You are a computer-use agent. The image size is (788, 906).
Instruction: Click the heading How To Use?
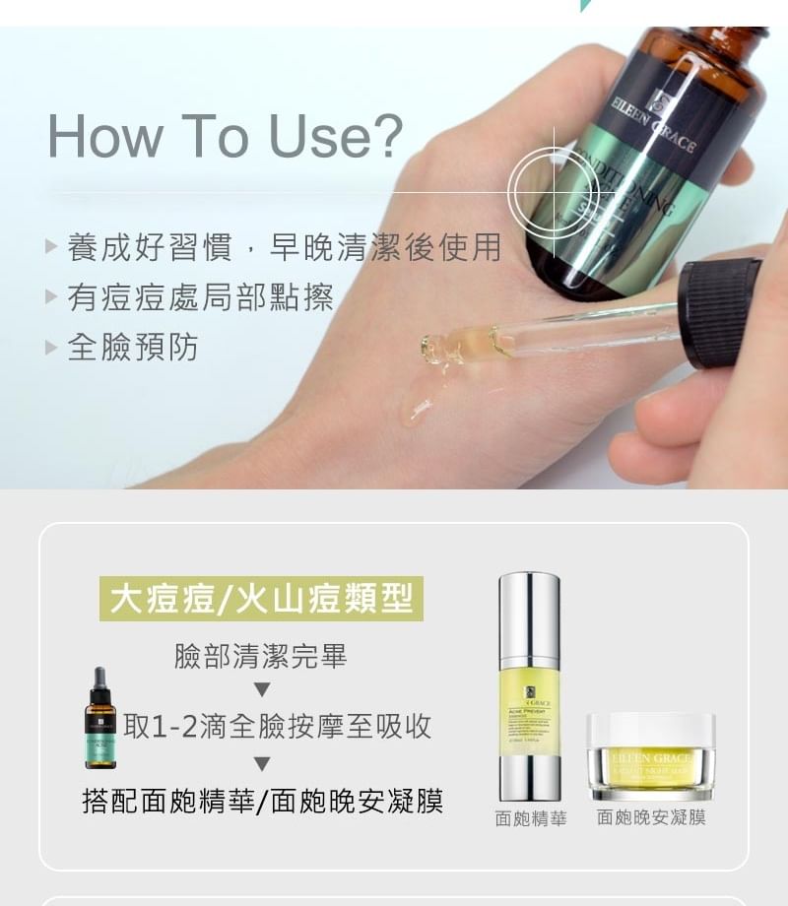(x=226, y=136)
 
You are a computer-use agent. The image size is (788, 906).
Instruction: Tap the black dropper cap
(x=720, y=312)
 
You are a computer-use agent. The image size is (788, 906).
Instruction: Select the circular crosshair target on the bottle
(x=554, y=193)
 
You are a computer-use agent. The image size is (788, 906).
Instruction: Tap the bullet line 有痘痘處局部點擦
(x=200, y=296)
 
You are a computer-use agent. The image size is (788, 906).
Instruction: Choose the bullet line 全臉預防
(x=133, y=347)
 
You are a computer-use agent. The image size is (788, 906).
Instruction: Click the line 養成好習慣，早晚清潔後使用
(x=284, y=246)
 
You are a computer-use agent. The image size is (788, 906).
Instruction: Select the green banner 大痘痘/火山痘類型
(x=261, y=599)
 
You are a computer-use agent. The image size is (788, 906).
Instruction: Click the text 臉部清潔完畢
(x=261, y=657)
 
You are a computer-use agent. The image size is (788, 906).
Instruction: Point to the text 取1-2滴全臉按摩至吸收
(x=278, y=727)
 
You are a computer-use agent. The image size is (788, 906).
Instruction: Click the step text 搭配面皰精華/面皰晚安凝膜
(x=262, y=801)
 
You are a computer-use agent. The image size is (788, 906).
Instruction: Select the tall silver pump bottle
(x=529, y=685)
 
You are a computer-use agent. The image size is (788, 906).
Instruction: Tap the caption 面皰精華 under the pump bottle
(x=531, y=818)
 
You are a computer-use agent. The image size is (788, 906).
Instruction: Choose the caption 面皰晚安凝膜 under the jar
(x=651, y=817)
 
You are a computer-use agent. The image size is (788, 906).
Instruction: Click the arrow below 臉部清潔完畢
(x=261, y=688)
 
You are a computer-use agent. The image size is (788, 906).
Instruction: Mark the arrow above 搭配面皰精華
(x=261, y=764)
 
